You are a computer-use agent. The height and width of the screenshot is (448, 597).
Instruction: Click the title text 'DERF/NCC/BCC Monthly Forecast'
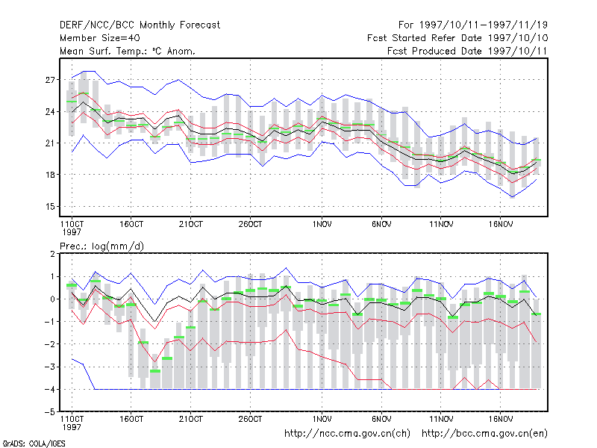click(x=140, y=25)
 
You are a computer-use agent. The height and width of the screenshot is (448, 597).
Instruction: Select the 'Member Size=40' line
click(x=100, y=38)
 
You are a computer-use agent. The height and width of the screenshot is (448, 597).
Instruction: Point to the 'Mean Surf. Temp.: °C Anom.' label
click(x=127, y=51)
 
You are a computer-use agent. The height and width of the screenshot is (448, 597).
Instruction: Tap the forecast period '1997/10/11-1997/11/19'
click(x=483, y=25)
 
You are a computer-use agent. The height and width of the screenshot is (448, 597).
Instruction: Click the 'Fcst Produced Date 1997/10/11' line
click(x=467, y=51)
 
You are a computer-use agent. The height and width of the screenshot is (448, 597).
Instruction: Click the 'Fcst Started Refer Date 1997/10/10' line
click(x=457, y=38)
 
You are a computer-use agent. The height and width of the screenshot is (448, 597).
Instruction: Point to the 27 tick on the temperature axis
click(x=50, y=80)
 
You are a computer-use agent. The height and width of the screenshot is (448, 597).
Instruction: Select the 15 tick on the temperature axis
click(x=50, y=207)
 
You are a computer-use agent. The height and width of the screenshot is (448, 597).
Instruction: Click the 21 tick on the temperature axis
click(x=50, y=143)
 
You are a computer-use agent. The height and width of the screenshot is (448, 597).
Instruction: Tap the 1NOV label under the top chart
click(x=322, y=225)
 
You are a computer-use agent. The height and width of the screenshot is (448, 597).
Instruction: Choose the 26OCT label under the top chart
click(x=250, y=225)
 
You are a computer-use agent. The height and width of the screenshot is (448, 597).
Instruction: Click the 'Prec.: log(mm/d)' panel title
click(x=101, y=246)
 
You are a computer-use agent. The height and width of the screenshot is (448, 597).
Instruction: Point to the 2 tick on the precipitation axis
click(x=52, y=254)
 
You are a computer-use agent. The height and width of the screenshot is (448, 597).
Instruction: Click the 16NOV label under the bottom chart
click(x=500, y=420)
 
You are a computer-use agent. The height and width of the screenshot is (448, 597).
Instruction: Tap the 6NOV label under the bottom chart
click(x=381, y=420)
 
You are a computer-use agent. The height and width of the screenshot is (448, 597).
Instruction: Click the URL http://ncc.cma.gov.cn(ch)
click(x=347, y=434)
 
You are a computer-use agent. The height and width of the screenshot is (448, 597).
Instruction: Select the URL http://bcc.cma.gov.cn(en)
click(x=484, y=434)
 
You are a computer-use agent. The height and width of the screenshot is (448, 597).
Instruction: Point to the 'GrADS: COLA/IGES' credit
click(x=34, y=444)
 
